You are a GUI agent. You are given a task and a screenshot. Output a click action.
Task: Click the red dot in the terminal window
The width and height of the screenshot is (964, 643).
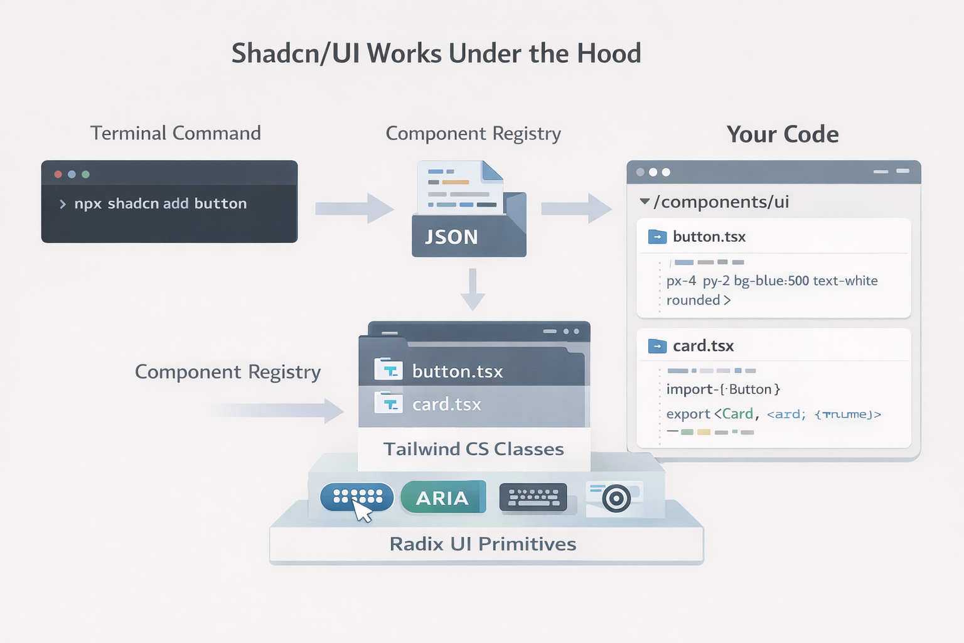[58, 174]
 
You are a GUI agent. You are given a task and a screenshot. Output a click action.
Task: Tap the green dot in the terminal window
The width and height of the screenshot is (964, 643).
[86, 174]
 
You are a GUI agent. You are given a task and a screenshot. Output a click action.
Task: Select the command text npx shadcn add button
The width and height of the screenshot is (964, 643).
[160, 203]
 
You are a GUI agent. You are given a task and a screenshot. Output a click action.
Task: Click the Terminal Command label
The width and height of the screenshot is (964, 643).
[175, 133]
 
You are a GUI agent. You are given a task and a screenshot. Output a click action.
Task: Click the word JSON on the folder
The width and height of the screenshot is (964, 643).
[451, 237]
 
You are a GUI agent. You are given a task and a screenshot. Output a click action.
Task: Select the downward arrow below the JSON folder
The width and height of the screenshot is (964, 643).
[473, 289]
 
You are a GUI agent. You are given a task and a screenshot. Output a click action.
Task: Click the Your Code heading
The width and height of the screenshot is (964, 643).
[782, 134]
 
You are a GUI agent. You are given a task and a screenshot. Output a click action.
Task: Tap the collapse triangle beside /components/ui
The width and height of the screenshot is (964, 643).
[644, 202]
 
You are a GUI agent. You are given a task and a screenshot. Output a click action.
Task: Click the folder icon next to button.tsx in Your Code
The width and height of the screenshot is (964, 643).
[657, 237]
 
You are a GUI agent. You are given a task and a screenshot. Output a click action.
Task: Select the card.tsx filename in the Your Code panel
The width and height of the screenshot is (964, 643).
[703, 346]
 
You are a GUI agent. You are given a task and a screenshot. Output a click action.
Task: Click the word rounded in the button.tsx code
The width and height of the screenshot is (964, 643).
[693, 300]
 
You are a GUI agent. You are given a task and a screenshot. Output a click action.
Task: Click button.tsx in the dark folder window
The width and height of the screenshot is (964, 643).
[458, 371]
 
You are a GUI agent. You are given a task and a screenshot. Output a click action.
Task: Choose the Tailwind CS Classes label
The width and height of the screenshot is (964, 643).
[473, 449]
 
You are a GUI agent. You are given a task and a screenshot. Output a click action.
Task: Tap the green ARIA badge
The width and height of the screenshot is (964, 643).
[442, 498]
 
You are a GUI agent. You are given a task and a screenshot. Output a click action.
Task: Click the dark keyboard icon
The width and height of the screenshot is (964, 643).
[533, 497]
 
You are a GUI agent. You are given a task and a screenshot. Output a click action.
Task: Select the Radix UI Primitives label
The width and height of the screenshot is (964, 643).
[483, 544]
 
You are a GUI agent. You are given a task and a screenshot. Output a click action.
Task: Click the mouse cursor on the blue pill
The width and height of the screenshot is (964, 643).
[362, 511]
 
